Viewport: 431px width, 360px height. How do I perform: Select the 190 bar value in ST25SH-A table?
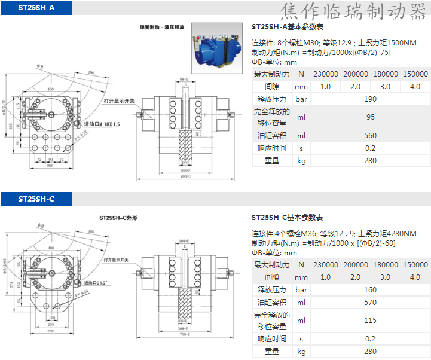(370, 99)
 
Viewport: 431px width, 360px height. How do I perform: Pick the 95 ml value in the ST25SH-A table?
(370, 117)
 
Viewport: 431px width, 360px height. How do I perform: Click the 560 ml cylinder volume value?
(370, 136)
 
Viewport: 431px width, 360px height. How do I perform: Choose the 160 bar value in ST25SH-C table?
(370, 290)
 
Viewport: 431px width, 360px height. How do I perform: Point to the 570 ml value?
(370, 302)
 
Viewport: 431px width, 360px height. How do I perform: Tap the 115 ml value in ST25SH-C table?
(370, 321)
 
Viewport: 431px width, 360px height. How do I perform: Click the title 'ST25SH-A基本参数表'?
(288, 27)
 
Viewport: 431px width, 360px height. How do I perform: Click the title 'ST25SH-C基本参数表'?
(288, 218)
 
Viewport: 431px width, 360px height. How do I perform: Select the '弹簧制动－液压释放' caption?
(162, 28)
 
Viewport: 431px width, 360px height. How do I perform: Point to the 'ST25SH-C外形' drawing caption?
(118, 218)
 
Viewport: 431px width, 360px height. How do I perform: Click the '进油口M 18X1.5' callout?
(102, 124)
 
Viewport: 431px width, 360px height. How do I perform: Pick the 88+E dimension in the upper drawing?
(184, 79)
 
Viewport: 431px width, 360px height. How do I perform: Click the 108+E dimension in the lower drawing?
(184, 240)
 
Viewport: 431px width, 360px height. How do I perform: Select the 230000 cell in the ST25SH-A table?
(325, 74)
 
